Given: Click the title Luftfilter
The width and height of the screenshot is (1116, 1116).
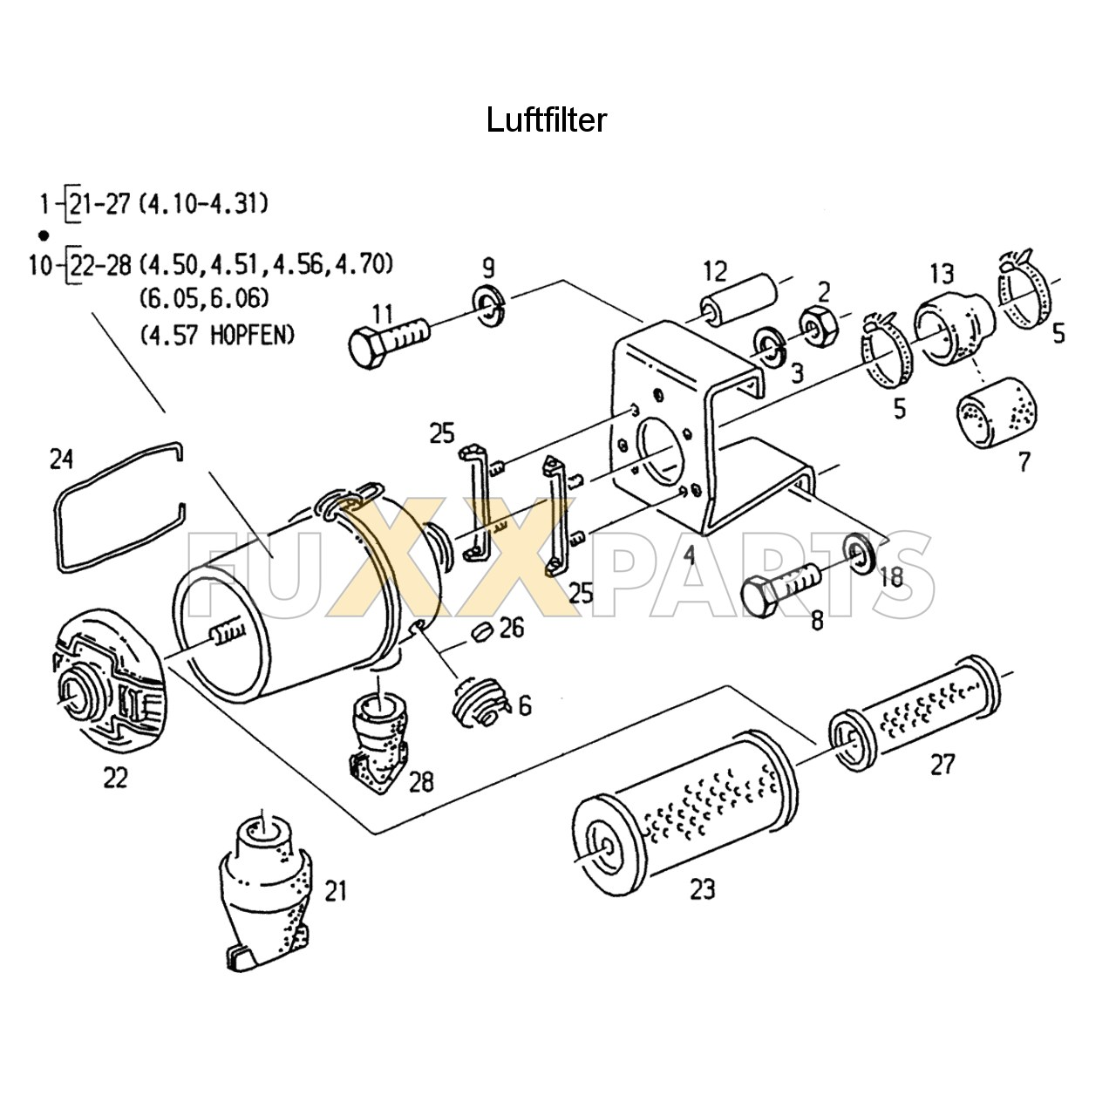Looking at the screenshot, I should coord(546,119).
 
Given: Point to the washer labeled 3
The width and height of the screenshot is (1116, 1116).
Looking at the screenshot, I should coord(768,345).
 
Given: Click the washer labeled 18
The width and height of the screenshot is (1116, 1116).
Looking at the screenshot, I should coord(862,555).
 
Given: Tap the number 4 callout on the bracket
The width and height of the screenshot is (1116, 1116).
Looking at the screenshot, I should coord(689,555).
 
